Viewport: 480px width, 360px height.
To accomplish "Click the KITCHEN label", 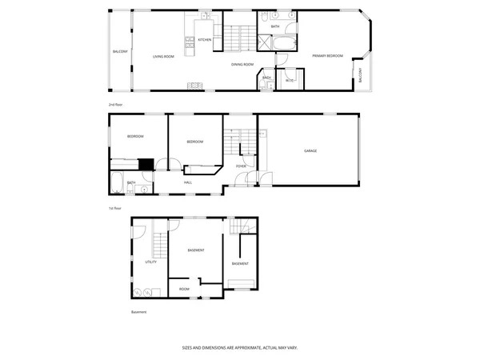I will (x=205, y=39).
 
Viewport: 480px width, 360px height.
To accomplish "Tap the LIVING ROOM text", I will (x=164, y=57).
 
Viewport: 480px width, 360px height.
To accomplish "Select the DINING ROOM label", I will (x=242, y=64).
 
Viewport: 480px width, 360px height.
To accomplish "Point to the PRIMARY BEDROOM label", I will (x=327, y=56).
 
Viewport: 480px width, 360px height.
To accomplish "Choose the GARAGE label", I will (x=310, y=150).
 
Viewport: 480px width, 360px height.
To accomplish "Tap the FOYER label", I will (x=241, y=166).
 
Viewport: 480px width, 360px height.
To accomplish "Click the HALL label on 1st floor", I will (x=188, y=182).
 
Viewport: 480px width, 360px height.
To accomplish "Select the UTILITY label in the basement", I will (x=150, y=262).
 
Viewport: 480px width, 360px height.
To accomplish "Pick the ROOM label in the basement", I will (x=184, y=289).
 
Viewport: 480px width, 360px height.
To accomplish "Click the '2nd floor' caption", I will (x=117, y=105).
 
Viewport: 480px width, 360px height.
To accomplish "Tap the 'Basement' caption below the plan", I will (x=139, y=312).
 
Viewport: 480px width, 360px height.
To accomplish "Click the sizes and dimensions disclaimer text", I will (x=239, y=348).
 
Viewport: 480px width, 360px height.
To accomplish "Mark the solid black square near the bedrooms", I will (x=145, y=165).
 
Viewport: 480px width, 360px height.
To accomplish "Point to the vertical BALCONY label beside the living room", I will (x=120, y=52).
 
